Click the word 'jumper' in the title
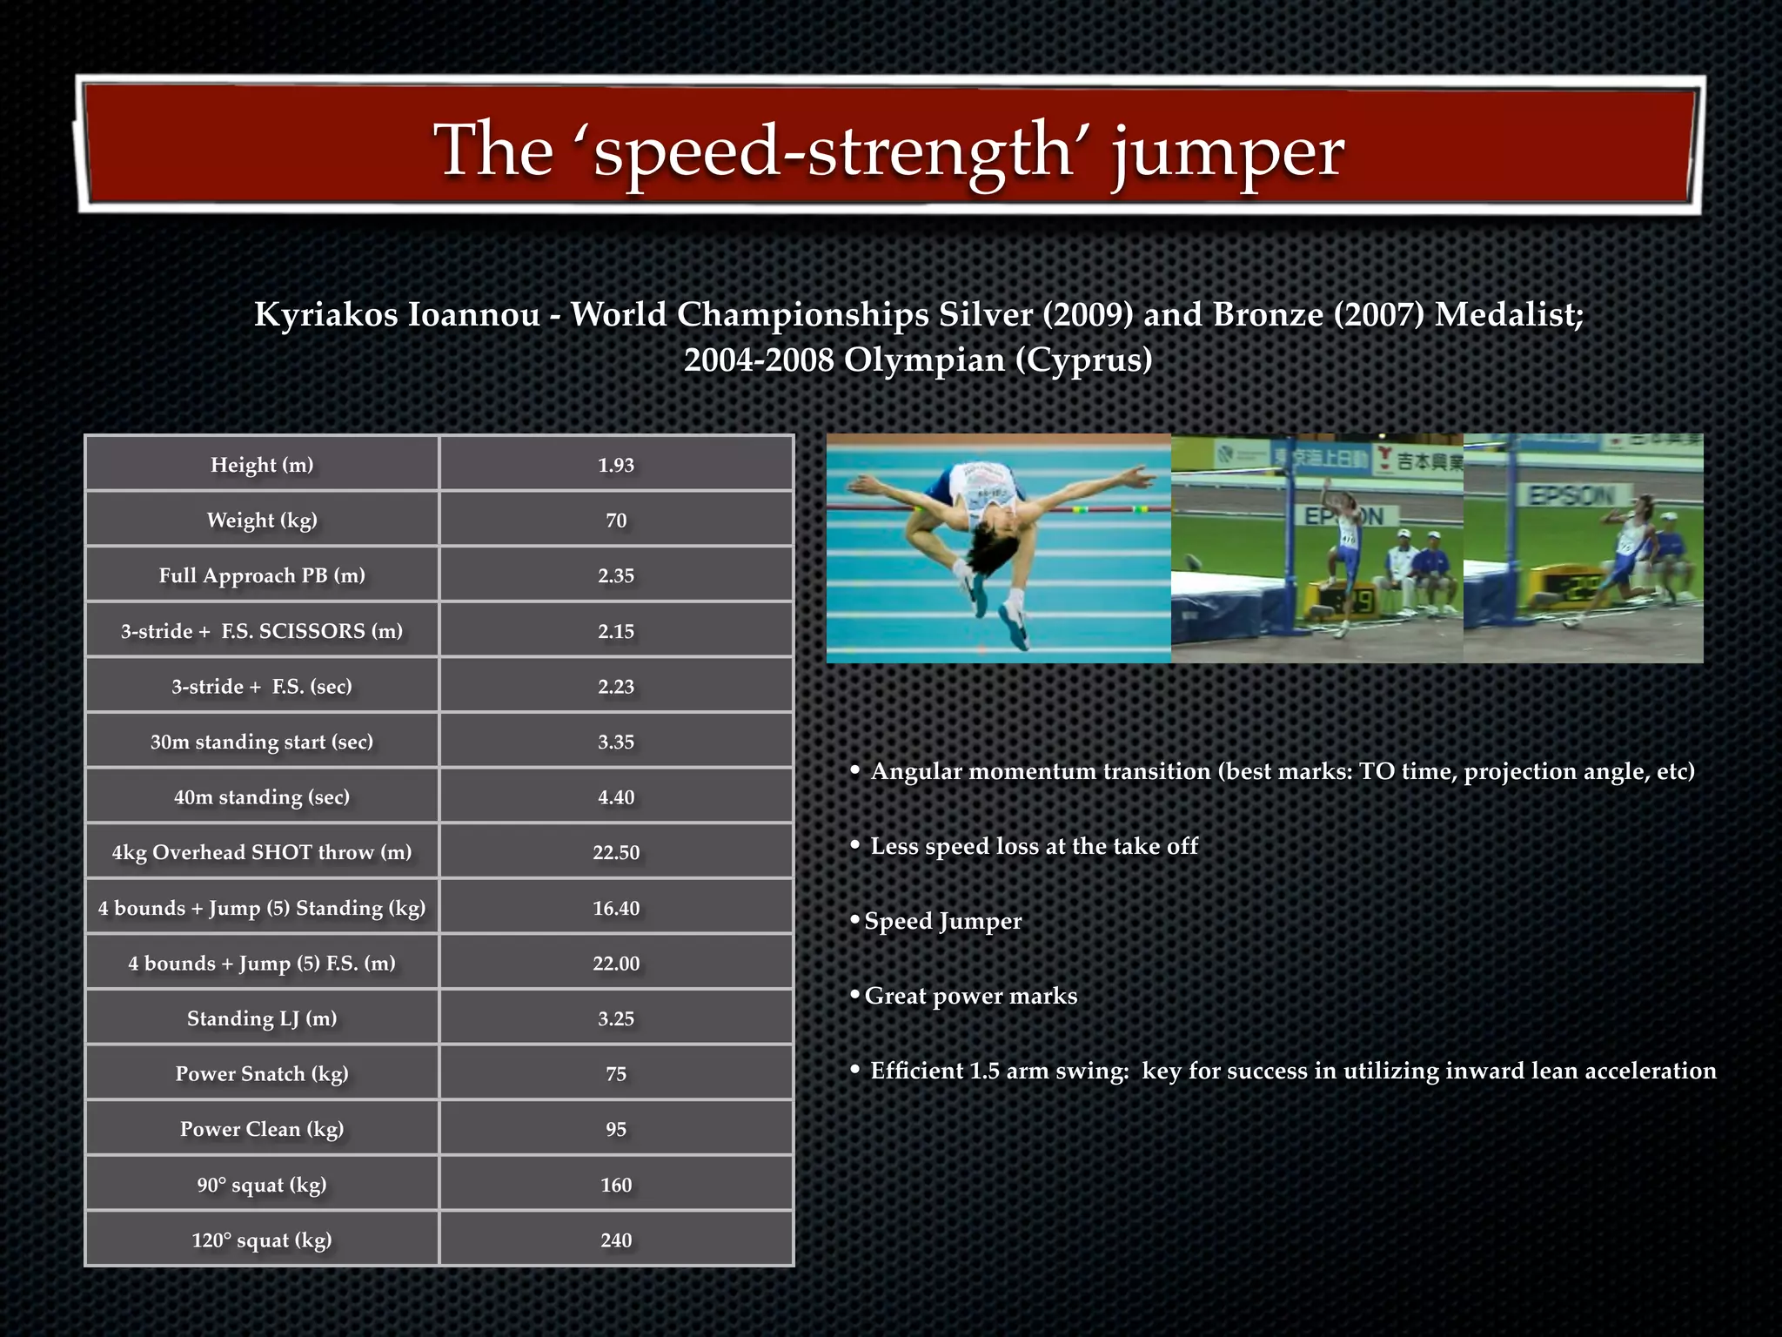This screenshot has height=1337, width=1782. point(1227,152)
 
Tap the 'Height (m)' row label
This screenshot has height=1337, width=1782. point(262,465)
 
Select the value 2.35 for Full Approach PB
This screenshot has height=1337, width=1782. point(616,575)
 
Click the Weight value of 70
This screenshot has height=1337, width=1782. point(616,521)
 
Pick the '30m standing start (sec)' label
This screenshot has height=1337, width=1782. point(262,742)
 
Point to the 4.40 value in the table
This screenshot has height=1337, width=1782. point(616,797)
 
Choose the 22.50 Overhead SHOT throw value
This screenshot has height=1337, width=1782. point(616,852)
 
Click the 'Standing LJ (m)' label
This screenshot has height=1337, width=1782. point(262,1018)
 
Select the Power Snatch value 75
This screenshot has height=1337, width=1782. point(616,1074)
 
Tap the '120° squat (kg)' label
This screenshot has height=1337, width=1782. point(262,1240)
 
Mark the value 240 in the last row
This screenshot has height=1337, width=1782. point(616,1240)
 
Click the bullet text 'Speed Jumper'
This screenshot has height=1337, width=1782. point(942,921)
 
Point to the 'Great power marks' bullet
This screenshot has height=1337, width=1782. point(970,996)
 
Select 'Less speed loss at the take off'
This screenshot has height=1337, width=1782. point(1034,846)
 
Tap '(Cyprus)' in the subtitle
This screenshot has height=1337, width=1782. point(1083,359)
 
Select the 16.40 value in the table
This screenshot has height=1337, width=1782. point(616,908)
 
